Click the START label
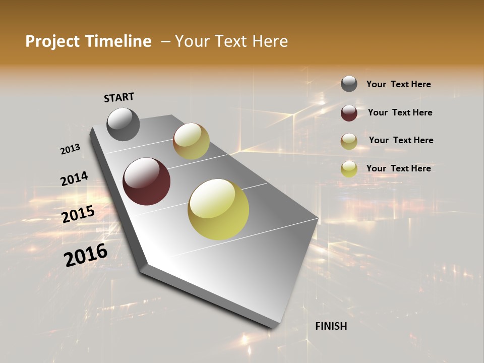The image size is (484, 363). click(x=119, y=97)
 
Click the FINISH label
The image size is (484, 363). click(x=331, y=326)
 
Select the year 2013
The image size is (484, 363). click(x=71, y=149)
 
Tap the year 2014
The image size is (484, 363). click(x=74, y=179)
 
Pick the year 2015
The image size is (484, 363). click(x=78, y=214)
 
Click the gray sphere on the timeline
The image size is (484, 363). click(x=123, y=124)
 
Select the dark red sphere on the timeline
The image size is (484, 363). click(x=147, y=181)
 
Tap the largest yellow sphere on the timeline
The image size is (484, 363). click(x=218, y=209)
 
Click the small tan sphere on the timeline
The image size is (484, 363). click(x=191, y=141)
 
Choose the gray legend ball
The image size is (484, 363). click(x=349, y=84)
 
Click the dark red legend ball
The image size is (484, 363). click(x=349, y=113)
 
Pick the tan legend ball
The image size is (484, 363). click(x=349, y=141)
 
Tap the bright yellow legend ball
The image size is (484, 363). click(x=349, y=169)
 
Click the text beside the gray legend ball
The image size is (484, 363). click(x=398, y=85)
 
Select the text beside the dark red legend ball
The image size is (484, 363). click(x=400, y=112)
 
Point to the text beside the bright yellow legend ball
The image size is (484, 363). click(x=398, y=168)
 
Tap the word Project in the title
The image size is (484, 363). click(x=52, y=41)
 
